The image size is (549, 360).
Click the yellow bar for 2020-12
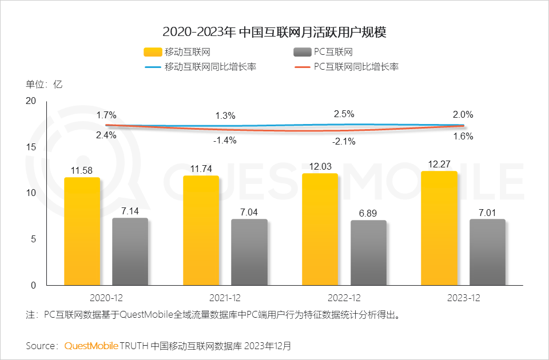tap(82, 231)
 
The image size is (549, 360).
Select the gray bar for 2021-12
tap(249, 252)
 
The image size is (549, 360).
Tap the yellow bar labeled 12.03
tap(320, 229)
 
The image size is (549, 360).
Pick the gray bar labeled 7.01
tap(487, 252)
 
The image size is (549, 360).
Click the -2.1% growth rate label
tap(344, 142)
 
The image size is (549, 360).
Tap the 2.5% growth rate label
tap(344, 114)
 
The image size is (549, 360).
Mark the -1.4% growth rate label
tap(225, 140)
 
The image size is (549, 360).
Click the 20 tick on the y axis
tap(31, 101)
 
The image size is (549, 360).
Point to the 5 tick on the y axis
tap(33, 239)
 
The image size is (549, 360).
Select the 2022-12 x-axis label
tap(344, 298)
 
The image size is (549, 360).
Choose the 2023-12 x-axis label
tap(463, 298)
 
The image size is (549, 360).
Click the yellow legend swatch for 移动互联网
tap(152, 53)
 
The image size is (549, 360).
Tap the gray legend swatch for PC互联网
tap(301, 53)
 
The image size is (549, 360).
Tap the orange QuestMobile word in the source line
tap(91, 346)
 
